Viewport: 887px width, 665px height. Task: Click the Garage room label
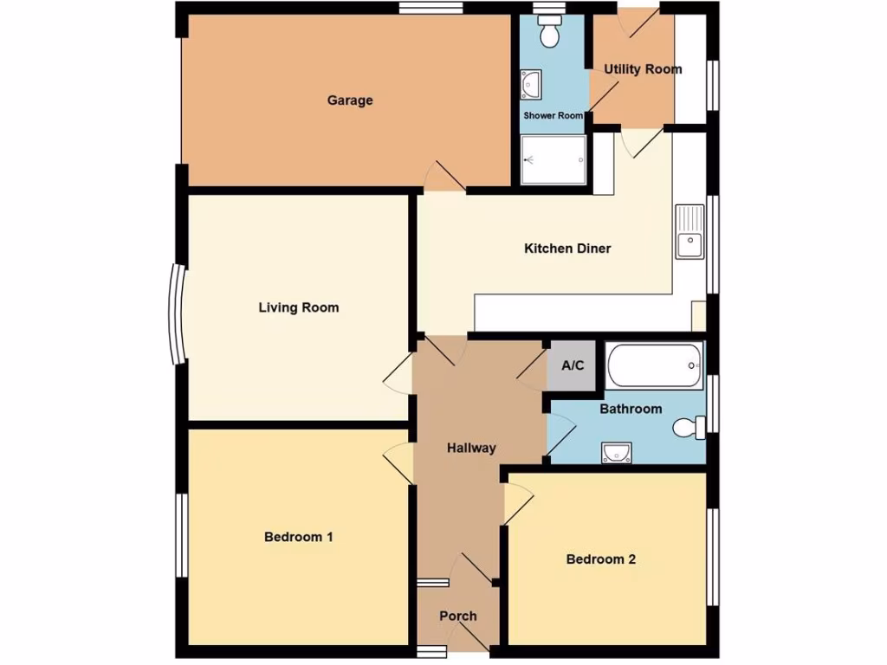coord(350,100)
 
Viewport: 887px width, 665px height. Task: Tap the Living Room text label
coord(298,307)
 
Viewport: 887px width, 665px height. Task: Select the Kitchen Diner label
coord(567,249)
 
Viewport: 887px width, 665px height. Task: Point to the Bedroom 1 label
coord(298,537)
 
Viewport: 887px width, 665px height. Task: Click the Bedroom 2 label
coord(600,559)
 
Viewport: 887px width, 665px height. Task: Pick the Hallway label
coord(471,448)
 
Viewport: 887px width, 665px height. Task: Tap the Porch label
coord(457,617)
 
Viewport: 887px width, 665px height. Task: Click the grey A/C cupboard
coord(573,366)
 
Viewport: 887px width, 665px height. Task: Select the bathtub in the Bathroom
coord(655,366)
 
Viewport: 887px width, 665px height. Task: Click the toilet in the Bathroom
coord(690,427)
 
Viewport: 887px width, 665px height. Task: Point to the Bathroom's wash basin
coord(616,452)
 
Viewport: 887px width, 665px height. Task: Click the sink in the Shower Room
coord(531,85)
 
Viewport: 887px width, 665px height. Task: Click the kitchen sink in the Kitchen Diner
coord(690,232)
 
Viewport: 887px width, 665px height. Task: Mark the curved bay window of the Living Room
coord(177,313)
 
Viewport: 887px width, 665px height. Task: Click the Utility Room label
coord(643,69)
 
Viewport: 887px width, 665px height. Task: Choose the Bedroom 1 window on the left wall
coord(182,535)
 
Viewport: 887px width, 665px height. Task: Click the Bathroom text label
coord(631,409)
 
